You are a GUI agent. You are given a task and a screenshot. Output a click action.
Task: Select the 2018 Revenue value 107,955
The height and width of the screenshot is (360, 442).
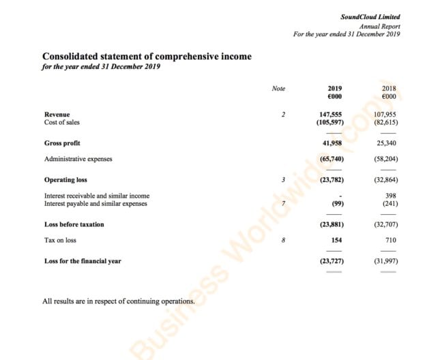click(385, 115)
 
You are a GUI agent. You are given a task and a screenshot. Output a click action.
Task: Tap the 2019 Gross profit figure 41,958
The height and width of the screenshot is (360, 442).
click(331, 143)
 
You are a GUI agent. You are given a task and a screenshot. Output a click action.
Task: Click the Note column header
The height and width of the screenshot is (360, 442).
click(278, 89)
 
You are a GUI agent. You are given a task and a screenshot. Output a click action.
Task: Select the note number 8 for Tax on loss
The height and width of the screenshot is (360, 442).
click(282, 240)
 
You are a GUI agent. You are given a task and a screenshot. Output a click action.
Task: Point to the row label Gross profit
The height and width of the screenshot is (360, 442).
click(62, 143)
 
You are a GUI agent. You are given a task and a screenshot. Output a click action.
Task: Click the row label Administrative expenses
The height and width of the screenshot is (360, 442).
click(78, 159)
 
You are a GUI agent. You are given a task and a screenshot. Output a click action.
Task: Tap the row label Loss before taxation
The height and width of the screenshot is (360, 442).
click(74, 224)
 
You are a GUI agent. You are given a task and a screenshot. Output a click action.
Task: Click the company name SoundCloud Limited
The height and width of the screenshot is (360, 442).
click(370, 16)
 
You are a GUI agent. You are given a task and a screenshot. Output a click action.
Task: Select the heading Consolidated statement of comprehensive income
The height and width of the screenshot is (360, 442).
click(147, 57)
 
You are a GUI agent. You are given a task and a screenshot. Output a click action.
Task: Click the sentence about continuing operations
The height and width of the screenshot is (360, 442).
click(119, 301)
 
